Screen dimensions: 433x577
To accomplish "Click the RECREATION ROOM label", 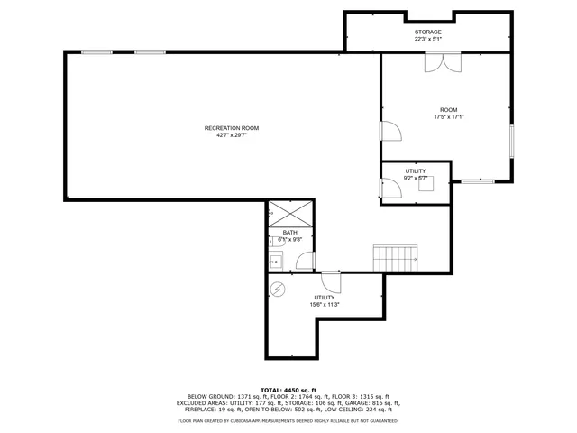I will click(x=225, y=128).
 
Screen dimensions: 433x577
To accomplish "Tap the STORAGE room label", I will click(x=428, y=32).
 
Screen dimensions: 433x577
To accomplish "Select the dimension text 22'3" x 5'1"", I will click(x=428, y=39).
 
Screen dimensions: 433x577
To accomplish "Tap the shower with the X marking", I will click(x=289, y=215).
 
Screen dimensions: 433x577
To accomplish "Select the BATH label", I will click(x=289, y=233).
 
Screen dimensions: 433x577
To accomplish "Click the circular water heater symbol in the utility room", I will click(x=278, y=289).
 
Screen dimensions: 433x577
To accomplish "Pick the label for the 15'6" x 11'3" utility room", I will click(x=325, y=298).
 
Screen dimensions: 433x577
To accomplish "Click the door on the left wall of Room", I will click(x=390, y=133).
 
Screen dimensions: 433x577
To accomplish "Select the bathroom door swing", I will click(x=306, y=262).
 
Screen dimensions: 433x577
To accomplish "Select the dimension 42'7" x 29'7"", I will click(x=225, y=135).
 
